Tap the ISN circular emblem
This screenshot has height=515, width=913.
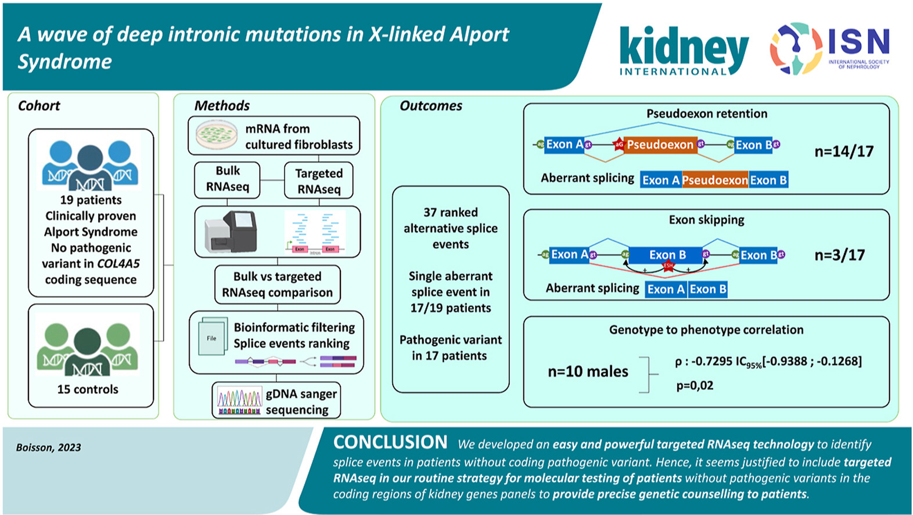pos(796,49)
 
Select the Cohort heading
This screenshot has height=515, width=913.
pos(39,106)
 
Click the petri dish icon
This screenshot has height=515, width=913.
pos(216,135)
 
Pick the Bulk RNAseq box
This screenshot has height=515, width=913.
pos(227,179)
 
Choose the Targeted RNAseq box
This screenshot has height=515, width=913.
pos(319,181)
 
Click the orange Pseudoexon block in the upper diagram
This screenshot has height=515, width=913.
pos(660,145)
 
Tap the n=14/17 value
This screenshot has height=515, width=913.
pos(843,152)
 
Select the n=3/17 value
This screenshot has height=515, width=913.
pos(839,255)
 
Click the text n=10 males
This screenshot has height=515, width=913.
pos(588,371)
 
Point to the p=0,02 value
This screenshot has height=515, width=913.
pos(695,385)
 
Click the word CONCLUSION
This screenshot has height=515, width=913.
pos(390,442)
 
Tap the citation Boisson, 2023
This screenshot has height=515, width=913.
pos(49,448)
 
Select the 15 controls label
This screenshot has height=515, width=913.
pos(88,389)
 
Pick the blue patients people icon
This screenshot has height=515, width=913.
pos(90,164)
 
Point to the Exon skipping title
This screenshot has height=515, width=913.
pos(706,220)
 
